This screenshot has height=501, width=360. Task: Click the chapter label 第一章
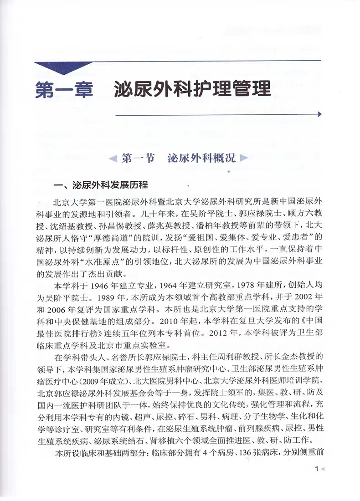[63, 87]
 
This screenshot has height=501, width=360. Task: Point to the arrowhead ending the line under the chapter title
[319, 114]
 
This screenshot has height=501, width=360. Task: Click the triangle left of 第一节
[113, 159]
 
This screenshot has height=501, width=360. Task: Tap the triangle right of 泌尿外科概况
[243, 159]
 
